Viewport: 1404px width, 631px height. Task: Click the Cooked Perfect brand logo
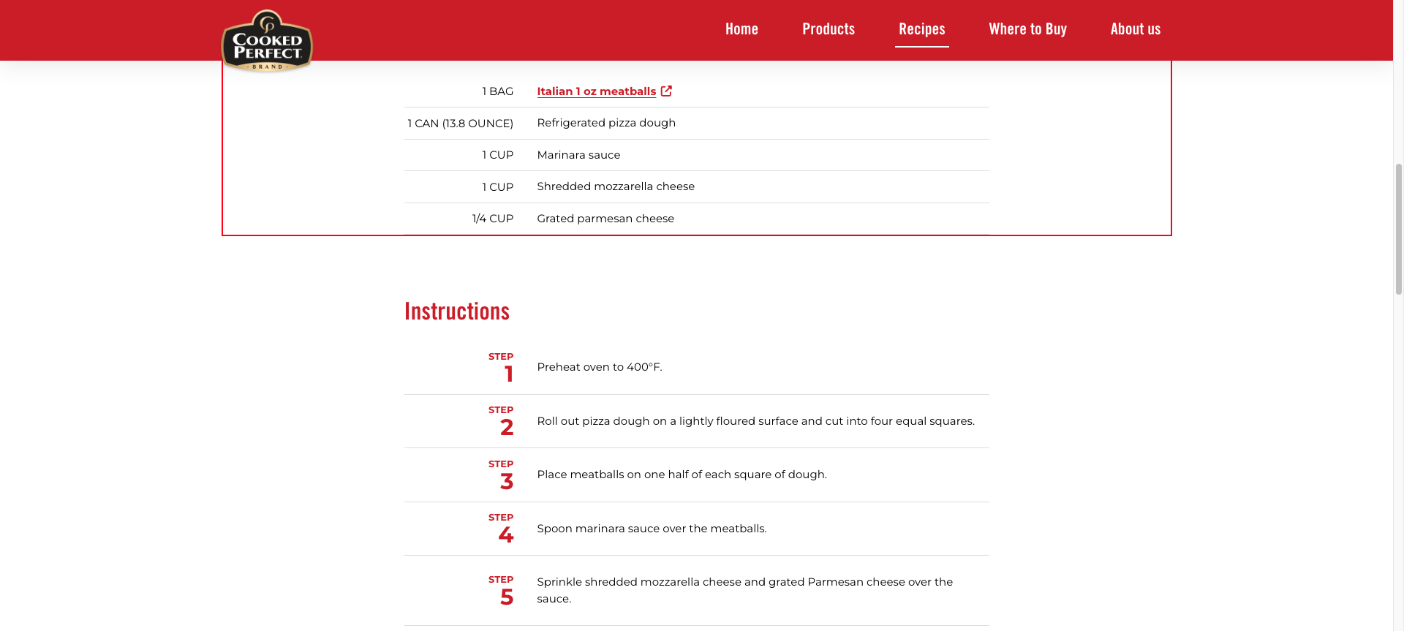(267, 42)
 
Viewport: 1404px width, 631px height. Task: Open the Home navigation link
(741, 29)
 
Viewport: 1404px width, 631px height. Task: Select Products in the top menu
(829, 29)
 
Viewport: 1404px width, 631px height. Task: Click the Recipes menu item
(921, 29)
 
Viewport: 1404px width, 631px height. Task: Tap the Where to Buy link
(1027, 29)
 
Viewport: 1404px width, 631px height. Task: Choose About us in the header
(1135, 29)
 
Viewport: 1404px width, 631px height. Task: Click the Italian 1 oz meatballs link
(596, 91)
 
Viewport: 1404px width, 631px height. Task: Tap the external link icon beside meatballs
(666, 91)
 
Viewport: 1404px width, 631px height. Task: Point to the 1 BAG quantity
(497, 91)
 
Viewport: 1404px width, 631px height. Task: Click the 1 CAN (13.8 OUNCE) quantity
(460, 124)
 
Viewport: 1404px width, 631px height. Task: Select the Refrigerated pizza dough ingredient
(606, 123)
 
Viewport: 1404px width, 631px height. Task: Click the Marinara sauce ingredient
(578, 155)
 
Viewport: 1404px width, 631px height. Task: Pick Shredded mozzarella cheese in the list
(616, 186)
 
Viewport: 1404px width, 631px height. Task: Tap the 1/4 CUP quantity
(492, 219)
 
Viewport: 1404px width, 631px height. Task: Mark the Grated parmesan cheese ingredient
(605, 219)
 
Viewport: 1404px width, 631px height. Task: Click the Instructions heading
(457, 311)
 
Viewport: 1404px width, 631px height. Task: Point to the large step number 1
(508, 374)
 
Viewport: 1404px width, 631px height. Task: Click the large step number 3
(507, 481)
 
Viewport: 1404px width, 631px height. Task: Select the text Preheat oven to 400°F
(600, 367)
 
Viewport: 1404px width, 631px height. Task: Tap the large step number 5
(507, 597)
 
